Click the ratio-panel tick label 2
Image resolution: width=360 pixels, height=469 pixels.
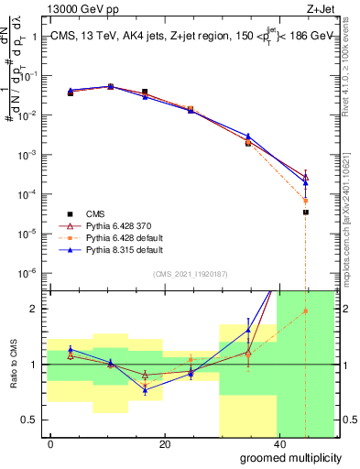[32, 309]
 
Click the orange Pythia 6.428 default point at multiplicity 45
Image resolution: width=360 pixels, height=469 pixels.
[306, 201]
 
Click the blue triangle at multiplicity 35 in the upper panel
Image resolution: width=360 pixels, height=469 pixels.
[248, 136]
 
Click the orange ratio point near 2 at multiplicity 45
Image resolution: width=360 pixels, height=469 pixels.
[306, 311]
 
